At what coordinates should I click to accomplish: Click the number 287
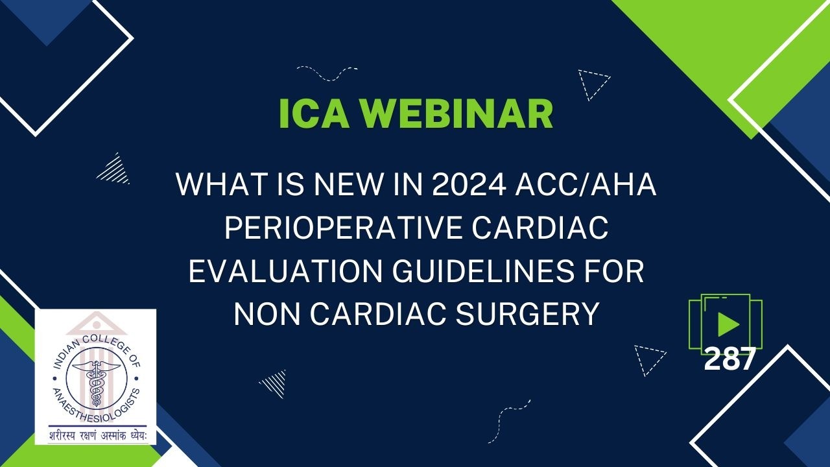tap(729, 359)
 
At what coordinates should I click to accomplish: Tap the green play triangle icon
tap(728, 324)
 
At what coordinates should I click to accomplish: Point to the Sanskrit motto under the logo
tap(95, 435)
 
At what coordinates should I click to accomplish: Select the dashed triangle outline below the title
tap(648, 359)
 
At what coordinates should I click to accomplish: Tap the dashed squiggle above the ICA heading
tap(327, 72)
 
